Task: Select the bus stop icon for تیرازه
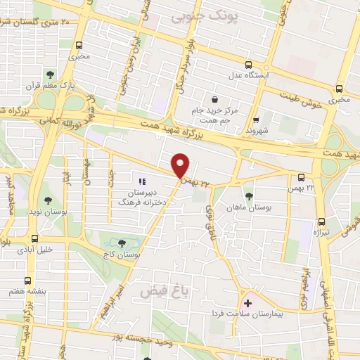click(x=321, y=220)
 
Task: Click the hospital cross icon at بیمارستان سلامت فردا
click(x=247, y=303)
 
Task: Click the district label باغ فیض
click(x=161, y=289)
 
